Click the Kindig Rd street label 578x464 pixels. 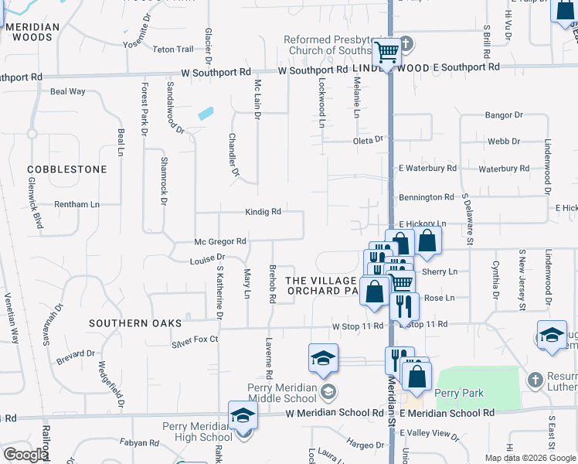coord(263,211)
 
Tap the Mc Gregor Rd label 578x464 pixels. coord(220,241)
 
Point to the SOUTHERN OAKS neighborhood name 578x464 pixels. coord(135,323)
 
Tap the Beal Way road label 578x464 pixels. coord(67,91)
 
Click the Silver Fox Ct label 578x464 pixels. coord(195,339)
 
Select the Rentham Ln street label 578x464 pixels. coord(76,204)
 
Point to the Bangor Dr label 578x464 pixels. coord(504,115)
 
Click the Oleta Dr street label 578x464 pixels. coord(368,139)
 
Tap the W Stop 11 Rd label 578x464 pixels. coord(358,326)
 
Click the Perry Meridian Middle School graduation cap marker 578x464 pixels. coord(323,357)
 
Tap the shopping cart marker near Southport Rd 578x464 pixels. coord(386,53)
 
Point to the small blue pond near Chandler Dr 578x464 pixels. coord(206,114)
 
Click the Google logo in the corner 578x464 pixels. coord(25,454)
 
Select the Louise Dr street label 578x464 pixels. coord(207,258)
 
